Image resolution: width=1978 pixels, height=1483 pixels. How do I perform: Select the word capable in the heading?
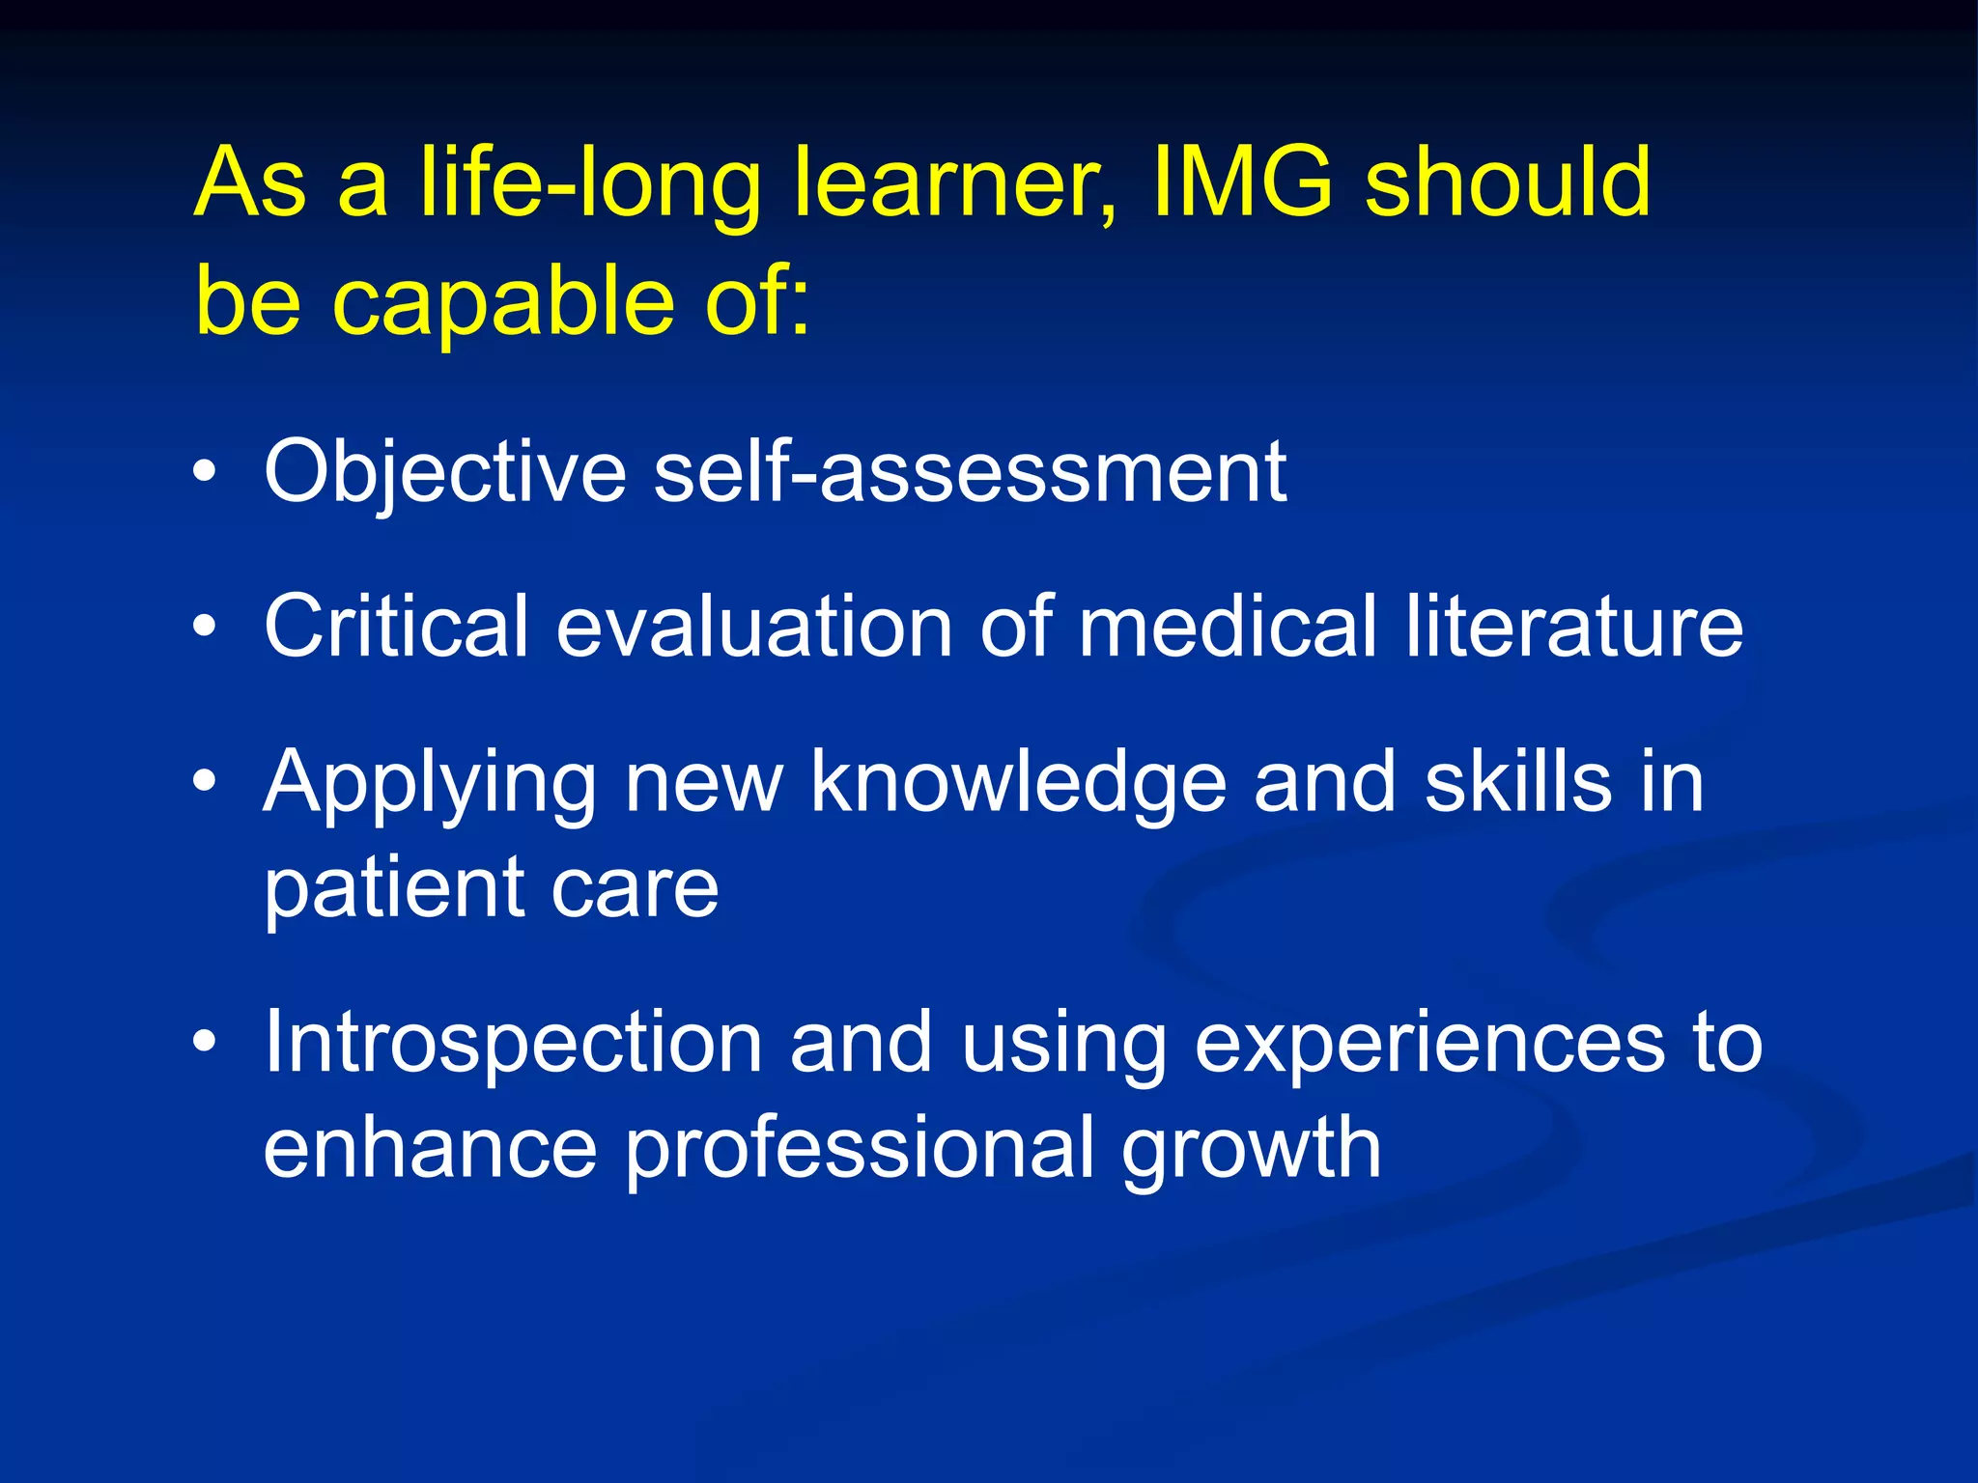tap(502, 301)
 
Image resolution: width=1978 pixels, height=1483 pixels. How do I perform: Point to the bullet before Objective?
tap(204, 472)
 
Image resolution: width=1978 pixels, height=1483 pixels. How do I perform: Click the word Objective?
tap(445, 472)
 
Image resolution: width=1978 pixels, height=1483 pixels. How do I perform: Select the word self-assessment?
tap(970, 472)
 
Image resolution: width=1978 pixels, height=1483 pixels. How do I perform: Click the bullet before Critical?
tap(204, 627)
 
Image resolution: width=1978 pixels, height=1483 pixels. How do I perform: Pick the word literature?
tap(1574, 627)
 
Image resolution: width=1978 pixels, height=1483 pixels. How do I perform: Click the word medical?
tap(1228, 627)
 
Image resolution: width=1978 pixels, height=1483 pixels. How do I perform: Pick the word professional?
tap(861, 1149)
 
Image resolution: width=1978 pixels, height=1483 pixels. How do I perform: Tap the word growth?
tap(1252, 1149)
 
